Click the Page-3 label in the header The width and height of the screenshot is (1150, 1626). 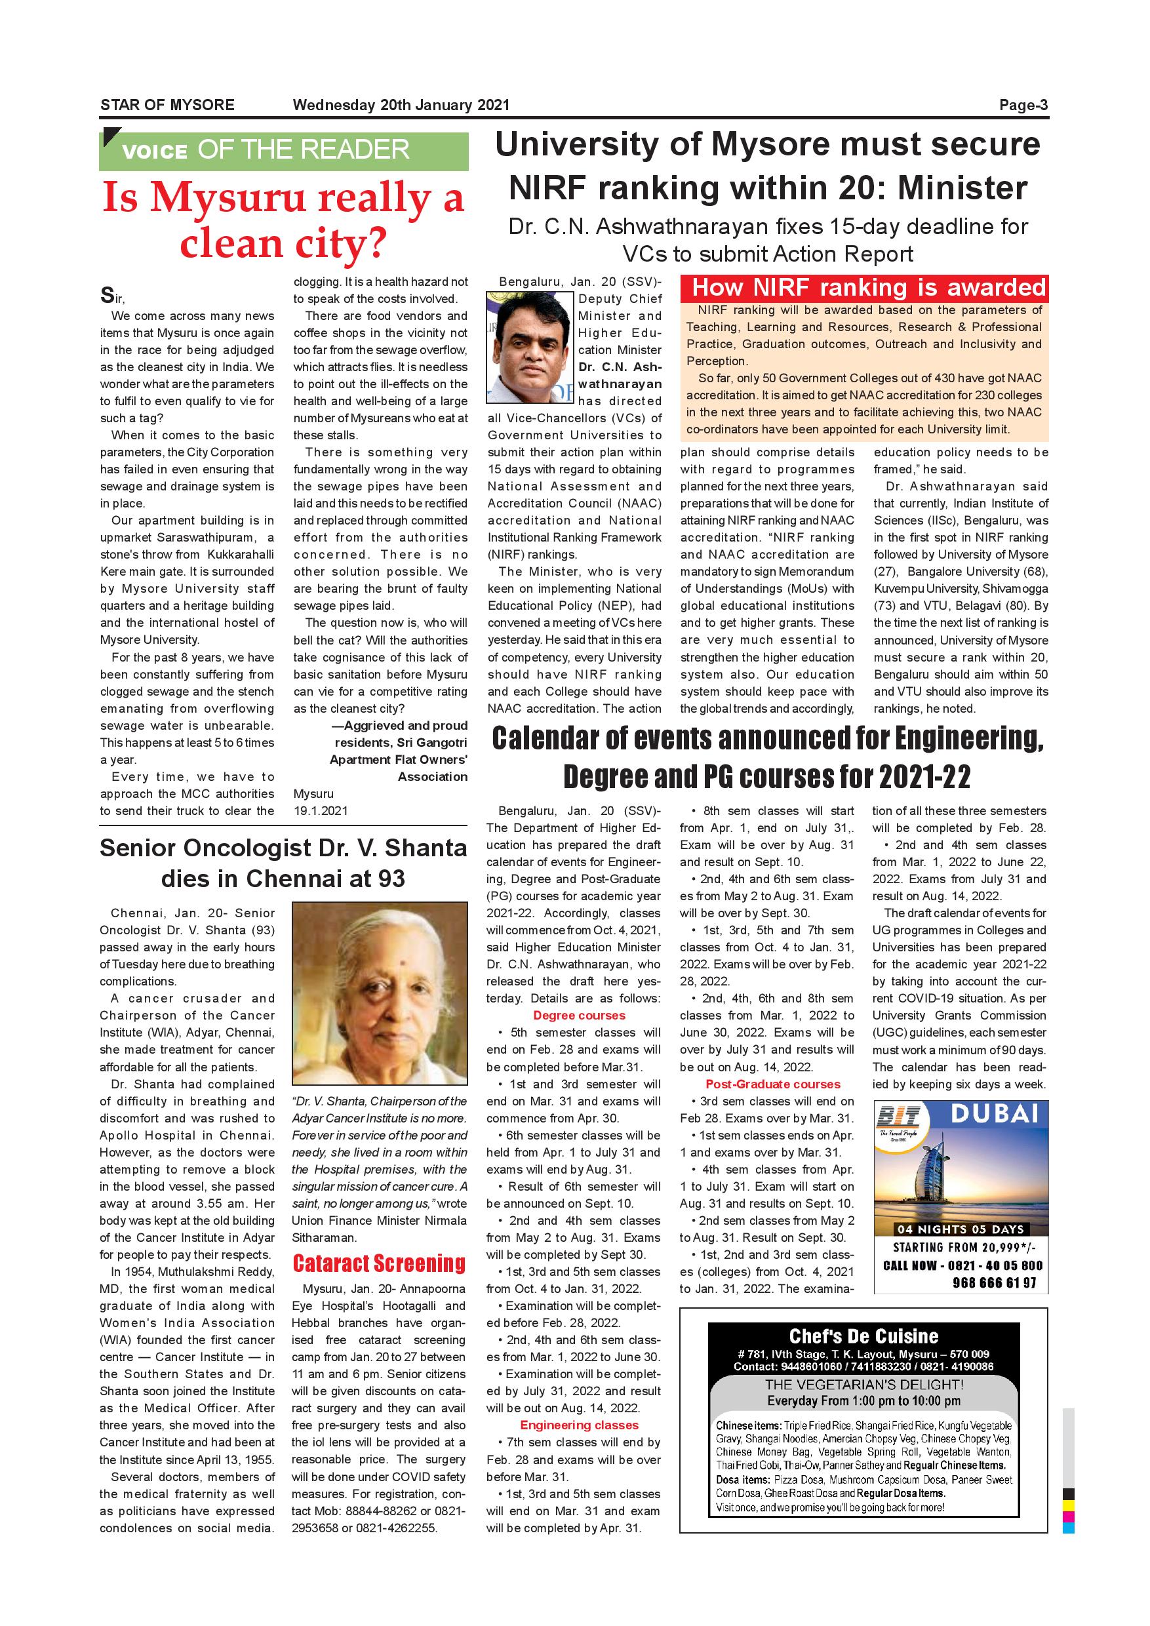(1023, 106)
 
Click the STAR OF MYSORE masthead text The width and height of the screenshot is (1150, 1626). (167, 106)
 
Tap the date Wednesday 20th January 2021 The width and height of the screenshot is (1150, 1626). (401, 106)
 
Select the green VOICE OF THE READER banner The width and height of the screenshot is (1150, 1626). (283, 150)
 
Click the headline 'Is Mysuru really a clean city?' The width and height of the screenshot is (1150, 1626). (283, 220)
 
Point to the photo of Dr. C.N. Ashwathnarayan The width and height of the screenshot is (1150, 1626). (530, 347)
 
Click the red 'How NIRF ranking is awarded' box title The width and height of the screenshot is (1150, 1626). (868, 288)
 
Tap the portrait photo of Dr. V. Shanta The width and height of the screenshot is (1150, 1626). (380, 993)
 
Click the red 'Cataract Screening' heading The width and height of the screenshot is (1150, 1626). (379, 1263)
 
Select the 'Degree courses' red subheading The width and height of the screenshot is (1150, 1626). (578, 1016)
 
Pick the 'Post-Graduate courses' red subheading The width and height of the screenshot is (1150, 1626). (772, 1084)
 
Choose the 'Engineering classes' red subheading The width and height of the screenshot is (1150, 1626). (578, 1425)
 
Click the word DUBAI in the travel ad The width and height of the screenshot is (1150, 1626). (993, 1114)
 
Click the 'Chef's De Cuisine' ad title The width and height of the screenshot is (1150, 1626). (863, 1336)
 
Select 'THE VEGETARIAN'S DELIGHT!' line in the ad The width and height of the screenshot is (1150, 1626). (863, 1384)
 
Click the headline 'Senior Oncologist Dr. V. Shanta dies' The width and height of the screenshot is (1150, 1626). (283, 863)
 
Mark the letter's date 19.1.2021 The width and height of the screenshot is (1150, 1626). (321, 811)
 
